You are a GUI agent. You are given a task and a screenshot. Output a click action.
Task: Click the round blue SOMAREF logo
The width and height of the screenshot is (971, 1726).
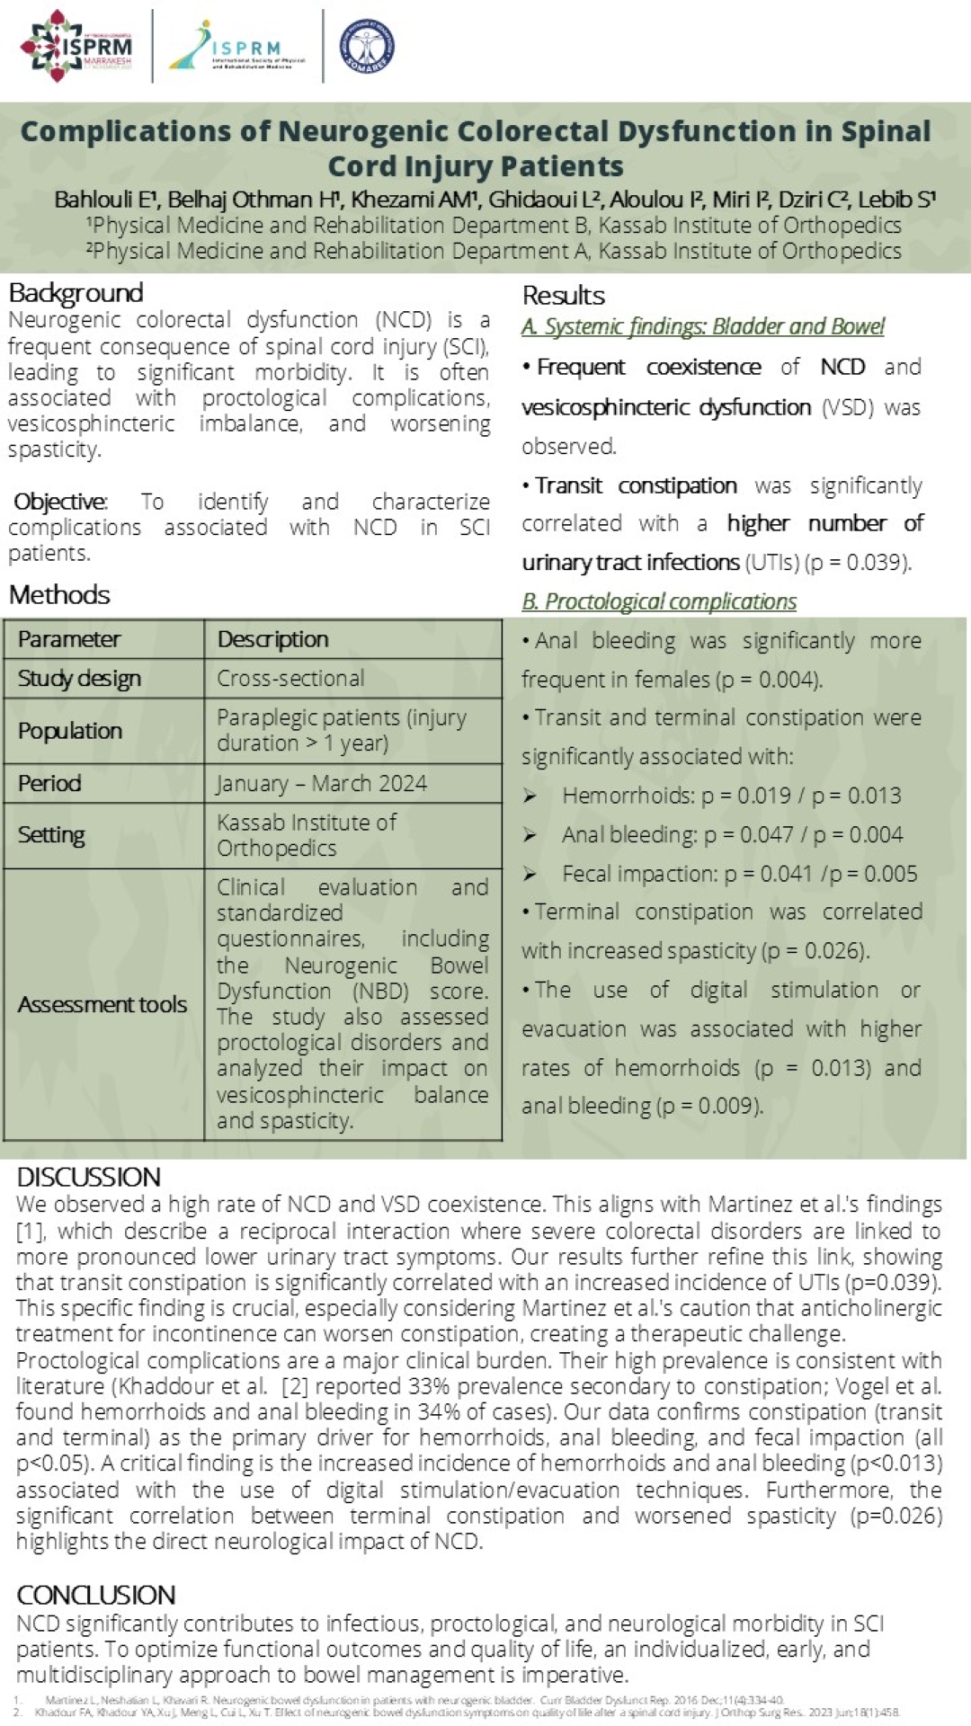(x=367, y=45)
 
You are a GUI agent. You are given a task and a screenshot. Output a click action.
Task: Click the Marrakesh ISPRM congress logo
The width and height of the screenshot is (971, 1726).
(x=77, y=45)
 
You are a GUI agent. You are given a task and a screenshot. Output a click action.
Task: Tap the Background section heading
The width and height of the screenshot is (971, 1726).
(x=76, y=293)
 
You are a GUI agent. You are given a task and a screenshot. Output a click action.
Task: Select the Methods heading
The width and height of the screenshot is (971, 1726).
(x=59, y=594)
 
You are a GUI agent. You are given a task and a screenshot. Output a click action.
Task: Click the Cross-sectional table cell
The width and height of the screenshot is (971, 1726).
(x=290, y=679)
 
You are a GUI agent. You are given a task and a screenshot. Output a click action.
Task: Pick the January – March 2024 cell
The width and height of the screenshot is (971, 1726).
(x=321, y=784)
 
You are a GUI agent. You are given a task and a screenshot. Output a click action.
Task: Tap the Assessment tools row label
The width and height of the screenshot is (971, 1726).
(x=102, y=1004)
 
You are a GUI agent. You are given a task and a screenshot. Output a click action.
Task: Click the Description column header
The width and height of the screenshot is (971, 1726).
(x=272, y=639)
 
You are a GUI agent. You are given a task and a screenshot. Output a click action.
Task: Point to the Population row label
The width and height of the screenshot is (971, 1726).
(x=70, y=731)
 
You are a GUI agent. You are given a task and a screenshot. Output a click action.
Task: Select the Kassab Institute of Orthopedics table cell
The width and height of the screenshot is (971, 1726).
(x=306, y=835)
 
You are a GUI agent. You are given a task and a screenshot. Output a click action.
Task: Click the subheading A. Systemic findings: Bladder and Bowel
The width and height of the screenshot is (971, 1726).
(x=703, y=326)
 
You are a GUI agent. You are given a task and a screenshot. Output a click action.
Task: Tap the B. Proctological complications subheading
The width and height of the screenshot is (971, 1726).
(x=659, y=601)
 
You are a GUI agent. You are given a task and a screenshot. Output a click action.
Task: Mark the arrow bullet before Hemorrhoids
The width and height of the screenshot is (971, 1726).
(x=530, y=796)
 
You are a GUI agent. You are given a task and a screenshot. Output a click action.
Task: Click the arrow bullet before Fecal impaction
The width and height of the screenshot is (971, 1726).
(x=530, y=874)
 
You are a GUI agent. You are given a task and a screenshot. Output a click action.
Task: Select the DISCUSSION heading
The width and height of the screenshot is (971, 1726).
(x=88, y=1177)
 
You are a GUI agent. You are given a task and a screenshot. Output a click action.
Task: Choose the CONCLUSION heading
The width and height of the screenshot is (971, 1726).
(x=96, y=1595)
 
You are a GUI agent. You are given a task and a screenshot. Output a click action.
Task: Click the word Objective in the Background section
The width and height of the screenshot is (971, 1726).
(x=59, y=502)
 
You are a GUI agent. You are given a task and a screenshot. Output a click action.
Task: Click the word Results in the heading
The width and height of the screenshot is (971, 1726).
(x=564, y=296)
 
